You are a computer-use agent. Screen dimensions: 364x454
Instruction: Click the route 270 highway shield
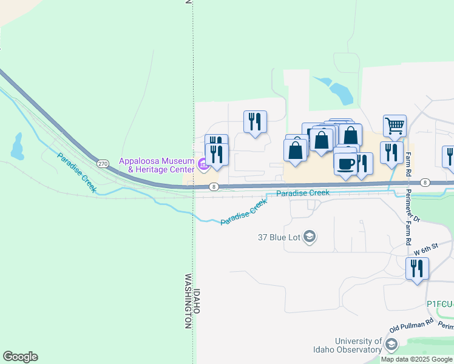102,164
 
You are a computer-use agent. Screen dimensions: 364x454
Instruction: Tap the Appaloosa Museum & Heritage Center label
157,165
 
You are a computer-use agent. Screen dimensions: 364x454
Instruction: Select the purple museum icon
203,162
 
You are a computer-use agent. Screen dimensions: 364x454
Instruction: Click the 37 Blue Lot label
279,237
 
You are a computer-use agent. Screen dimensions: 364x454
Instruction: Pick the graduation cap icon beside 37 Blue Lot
310,237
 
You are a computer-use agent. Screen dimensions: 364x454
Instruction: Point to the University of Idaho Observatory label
358,346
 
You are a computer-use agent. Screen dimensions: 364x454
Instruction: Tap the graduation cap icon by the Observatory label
391,346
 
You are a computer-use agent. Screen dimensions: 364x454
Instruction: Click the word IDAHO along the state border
197,302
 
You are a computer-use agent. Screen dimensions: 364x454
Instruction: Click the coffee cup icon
346,163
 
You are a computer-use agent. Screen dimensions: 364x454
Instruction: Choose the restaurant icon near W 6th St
417,268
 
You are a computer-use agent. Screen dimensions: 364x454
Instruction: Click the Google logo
20,357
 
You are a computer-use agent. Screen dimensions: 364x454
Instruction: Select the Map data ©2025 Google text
416,359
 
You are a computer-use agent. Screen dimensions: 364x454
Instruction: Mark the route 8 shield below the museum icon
214,187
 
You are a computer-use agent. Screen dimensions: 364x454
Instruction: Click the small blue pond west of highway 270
16,146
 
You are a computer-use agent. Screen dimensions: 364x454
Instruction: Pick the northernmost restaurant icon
255,121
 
